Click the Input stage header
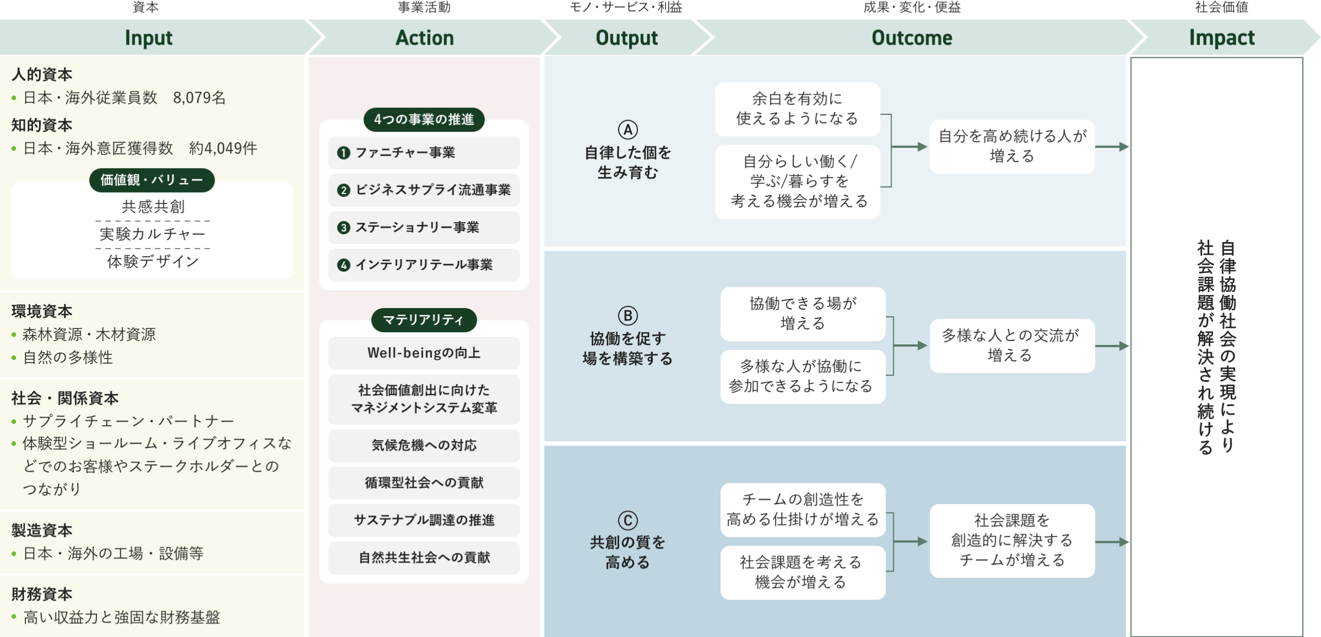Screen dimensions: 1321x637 click(149, 37)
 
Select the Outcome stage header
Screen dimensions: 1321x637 click(912, 37)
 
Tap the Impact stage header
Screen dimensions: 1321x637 click(1222, 37)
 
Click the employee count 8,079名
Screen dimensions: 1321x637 click(199, 98)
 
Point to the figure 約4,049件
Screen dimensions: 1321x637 click(223, 149)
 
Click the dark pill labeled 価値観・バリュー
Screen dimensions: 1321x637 click(152, 180)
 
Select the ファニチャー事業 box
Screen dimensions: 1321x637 click(424, 152)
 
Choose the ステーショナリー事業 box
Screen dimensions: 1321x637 click(424, 227)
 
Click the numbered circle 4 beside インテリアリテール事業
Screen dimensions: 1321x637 click(343, 265)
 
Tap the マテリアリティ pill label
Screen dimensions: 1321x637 click(424, 320)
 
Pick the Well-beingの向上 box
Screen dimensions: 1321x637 click(424, 353)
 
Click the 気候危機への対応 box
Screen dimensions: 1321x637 click(424, 445)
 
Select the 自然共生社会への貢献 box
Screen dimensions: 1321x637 click(424, 557)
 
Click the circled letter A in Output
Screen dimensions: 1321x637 click(627, 130)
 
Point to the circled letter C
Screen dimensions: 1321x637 click(627, 520)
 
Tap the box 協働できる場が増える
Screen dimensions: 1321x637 click(803, 314)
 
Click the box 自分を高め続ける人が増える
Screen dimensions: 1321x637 click(1012, 146)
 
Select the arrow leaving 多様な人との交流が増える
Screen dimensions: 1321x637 click(1112, 346)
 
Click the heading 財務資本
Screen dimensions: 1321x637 click(42, 594)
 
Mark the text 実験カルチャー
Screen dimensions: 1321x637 click(152, 234)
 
